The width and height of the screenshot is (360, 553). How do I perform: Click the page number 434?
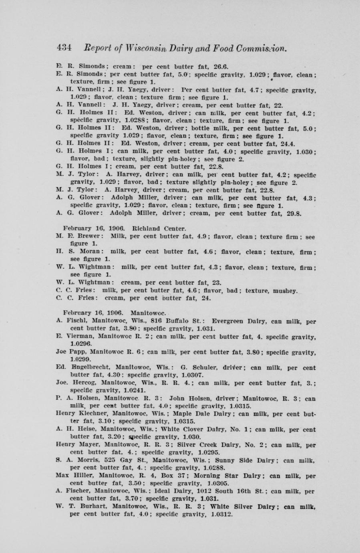tap(64, 48)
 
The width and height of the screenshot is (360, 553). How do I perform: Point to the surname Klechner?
tap(91, 414)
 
